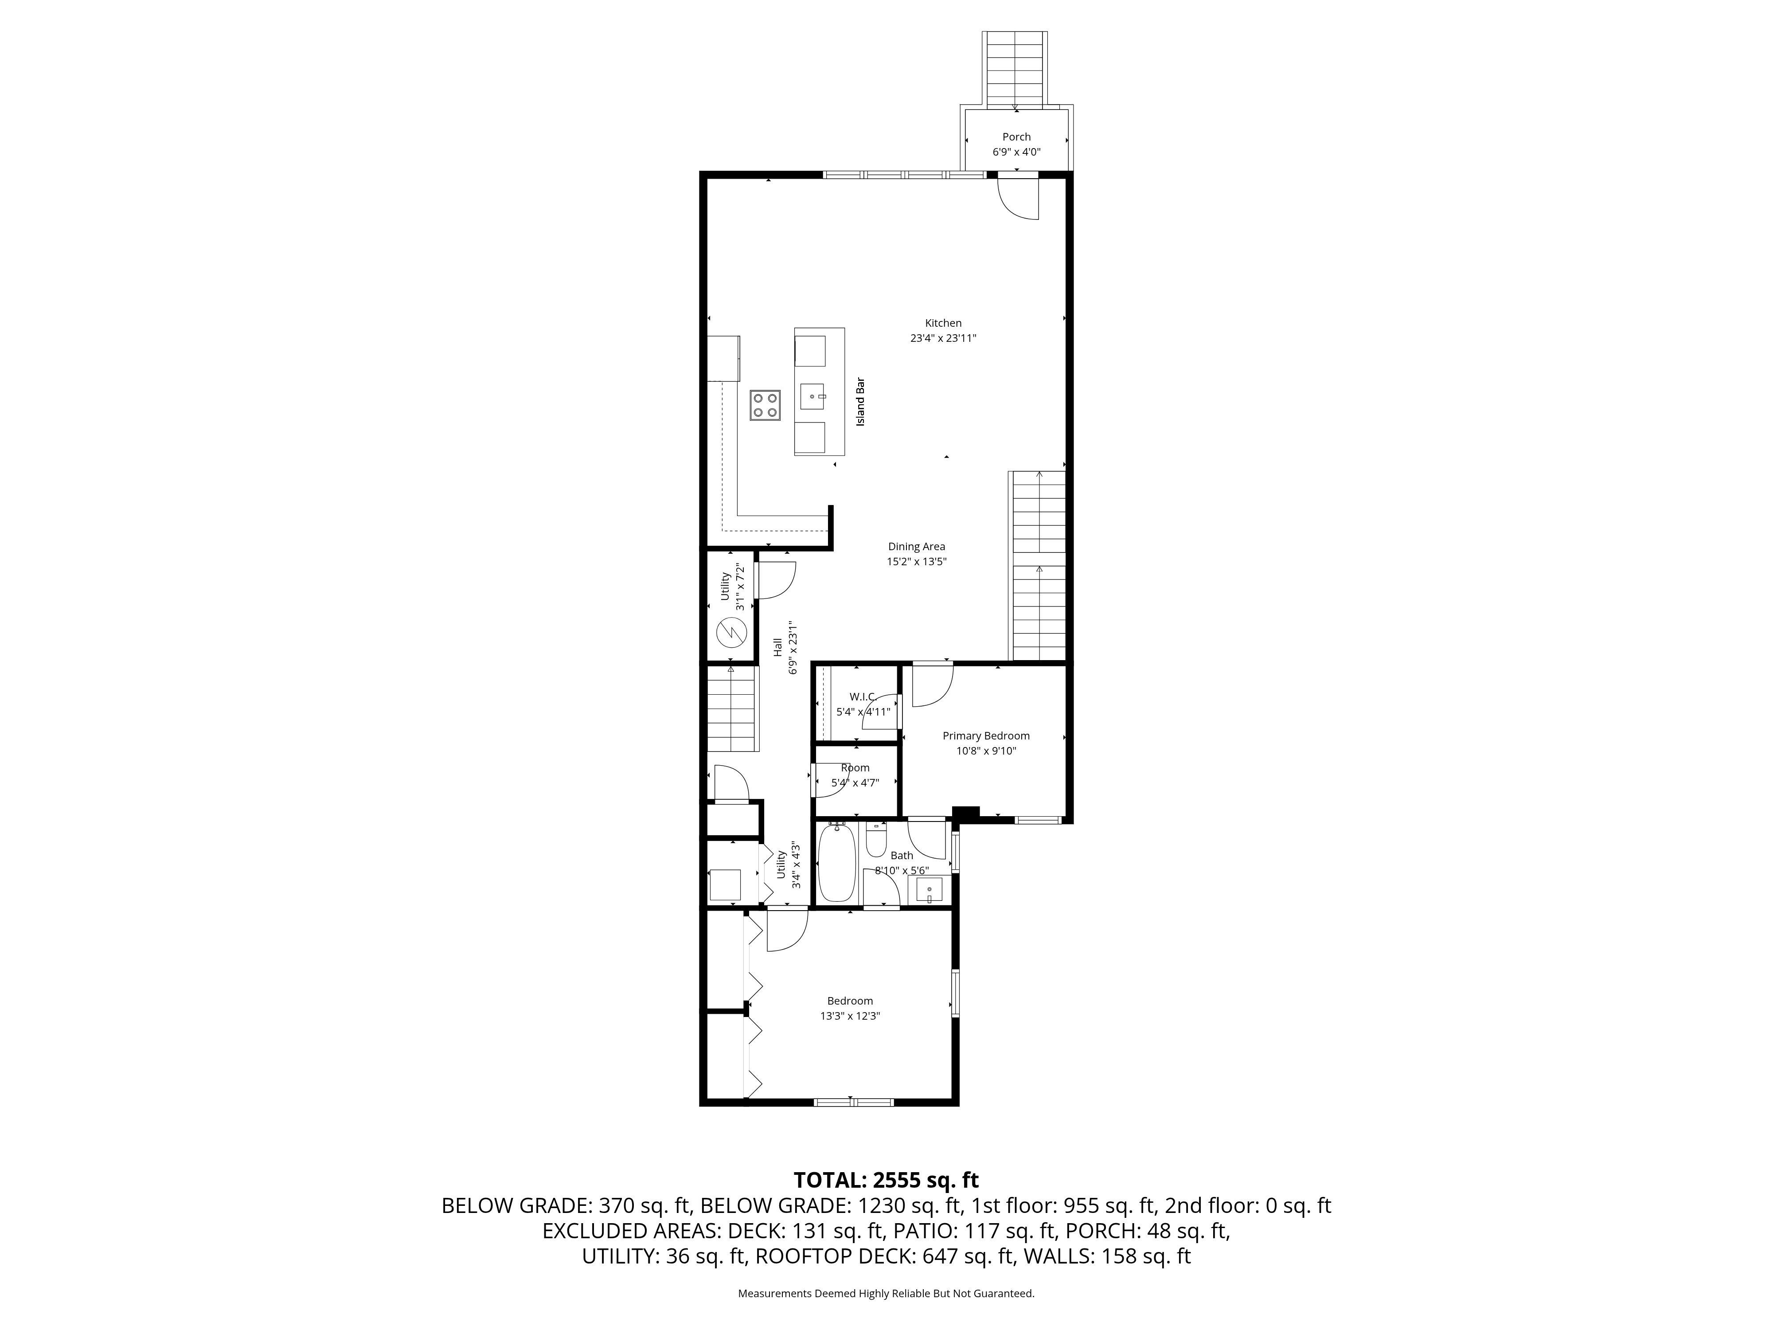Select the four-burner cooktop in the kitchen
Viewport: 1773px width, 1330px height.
(765, 405)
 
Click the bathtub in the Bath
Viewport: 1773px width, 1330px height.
(837, 864)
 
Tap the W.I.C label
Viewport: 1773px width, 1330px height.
(862, 696)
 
